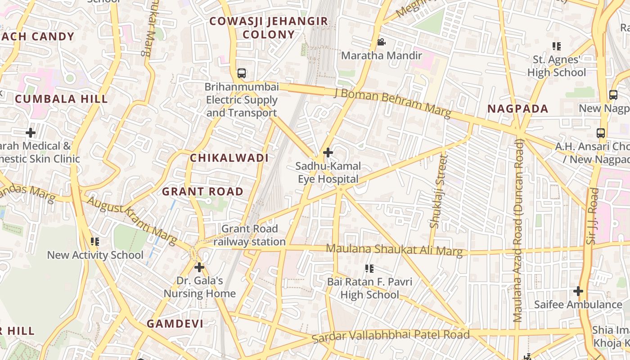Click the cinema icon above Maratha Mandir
tap(381, 42)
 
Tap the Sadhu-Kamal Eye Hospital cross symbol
tap(328, 153)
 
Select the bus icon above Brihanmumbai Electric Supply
tap(242, 73)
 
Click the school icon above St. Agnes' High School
tap(557, 46)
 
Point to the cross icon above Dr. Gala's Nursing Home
tap(199, 267)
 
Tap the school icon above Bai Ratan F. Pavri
tap(369, 269)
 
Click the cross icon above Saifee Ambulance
tap(578, 291)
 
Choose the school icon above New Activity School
tap(95, 242)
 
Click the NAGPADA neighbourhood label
tap(518, 108)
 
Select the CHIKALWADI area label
tap(229, 158)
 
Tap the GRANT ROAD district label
tap(202, 191)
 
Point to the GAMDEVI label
tap(175, 324)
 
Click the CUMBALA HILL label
tap(61, 99)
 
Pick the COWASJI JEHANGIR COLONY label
tap(269, 28)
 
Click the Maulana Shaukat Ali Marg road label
tap(394, 250)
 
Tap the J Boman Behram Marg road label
tap(392, 103)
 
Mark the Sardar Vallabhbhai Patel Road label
tap(391, 336)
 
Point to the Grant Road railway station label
tap(249, 235)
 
